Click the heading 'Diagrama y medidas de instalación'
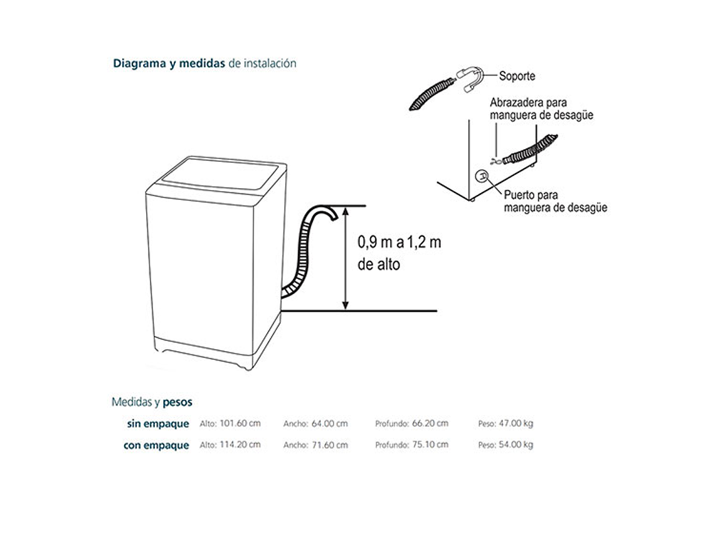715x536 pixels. (204, 63)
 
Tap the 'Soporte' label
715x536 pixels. (517, 76)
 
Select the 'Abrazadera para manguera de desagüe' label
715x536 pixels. (541, 108)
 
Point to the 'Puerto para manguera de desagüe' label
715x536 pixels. (555, 201)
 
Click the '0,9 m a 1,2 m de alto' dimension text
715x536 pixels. (399, 253)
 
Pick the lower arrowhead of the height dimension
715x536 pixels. (345, 305)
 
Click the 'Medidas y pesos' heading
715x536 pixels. (152, 402)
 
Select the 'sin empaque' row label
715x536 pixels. (157, 424)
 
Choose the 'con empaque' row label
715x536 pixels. (156, 445)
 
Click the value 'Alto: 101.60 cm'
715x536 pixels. (230, 424)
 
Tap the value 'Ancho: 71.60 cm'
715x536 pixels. (315, 445)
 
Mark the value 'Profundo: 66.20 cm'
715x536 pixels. (411, 424)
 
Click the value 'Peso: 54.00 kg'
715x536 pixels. (505, 445)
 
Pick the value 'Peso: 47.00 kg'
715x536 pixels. (505, 424)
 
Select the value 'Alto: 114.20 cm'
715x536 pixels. (230, 445)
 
